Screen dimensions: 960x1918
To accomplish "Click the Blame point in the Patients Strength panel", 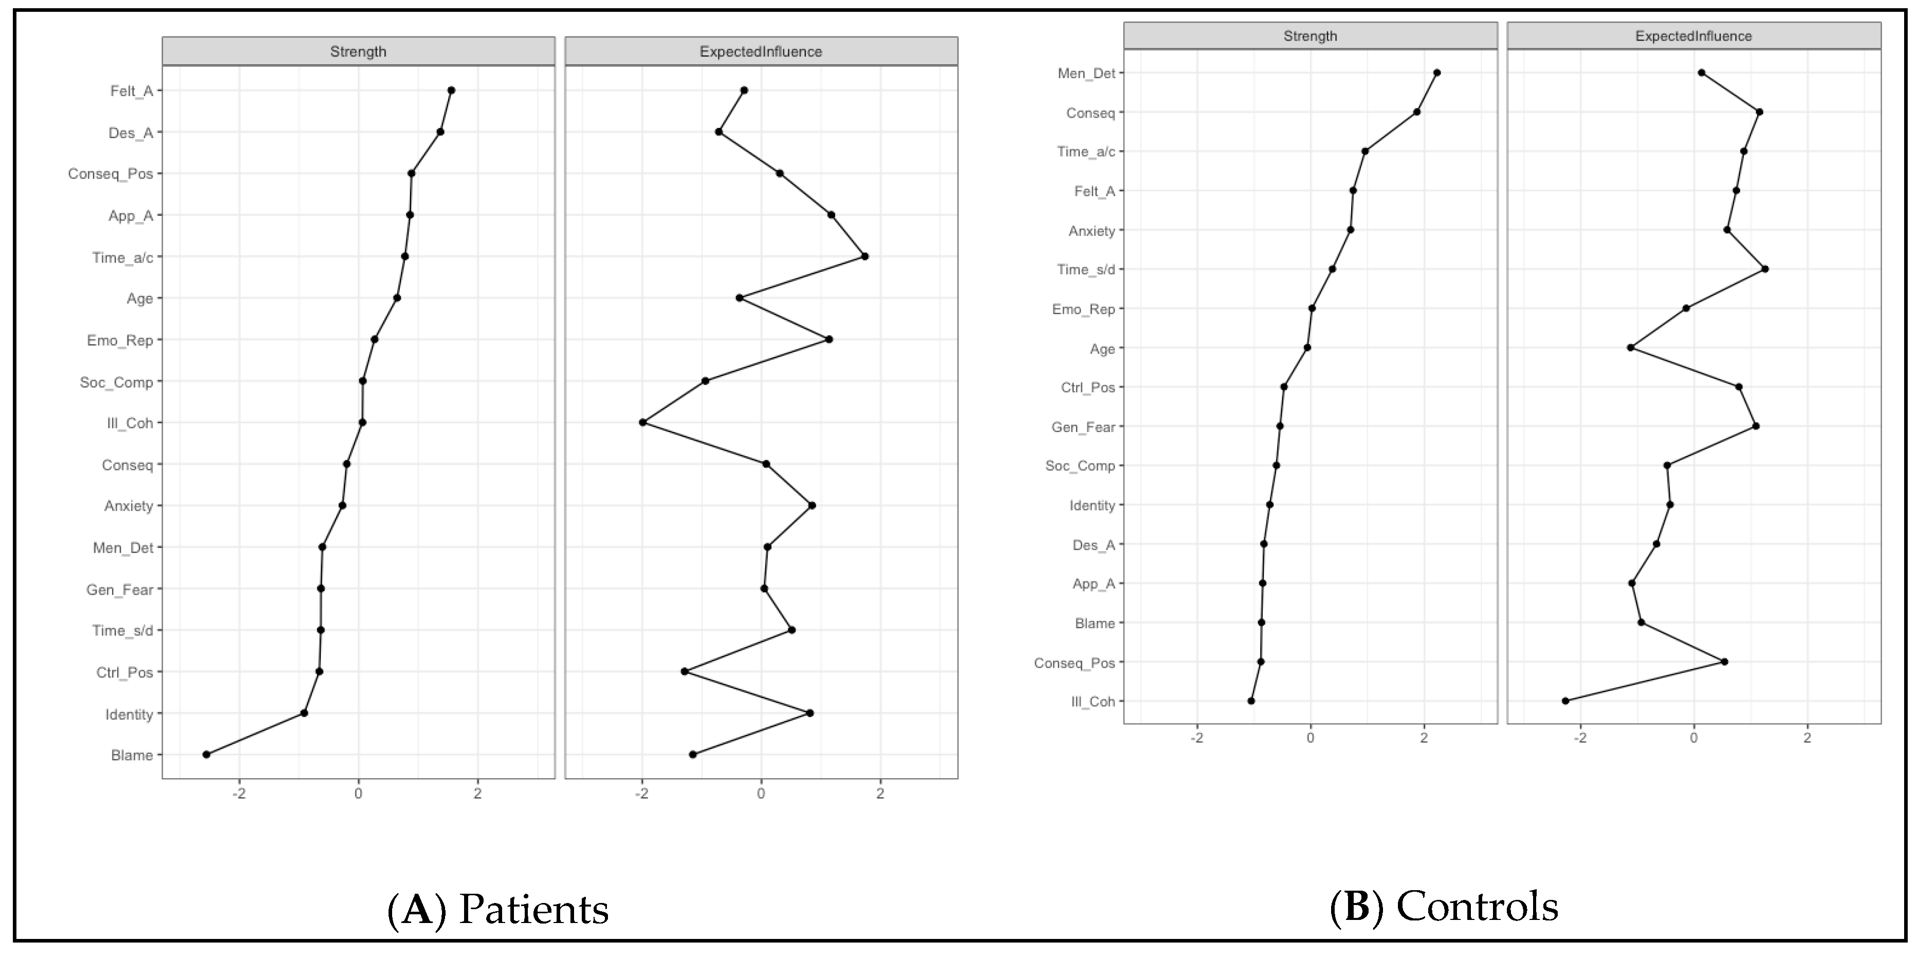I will coord(206,755).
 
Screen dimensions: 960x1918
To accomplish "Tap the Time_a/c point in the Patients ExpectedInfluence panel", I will coord(864,256).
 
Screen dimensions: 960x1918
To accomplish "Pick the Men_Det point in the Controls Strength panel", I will coord(1436,73).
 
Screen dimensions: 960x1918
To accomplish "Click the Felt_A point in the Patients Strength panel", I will coord(451,90).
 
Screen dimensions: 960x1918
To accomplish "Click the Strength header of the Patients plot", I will coord(358,51).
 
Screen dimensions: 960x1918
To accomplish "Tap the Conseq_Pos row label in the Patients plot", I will coord(110,174).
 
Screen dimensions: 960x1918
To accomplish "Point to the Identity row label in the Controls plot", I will coord(1092,506).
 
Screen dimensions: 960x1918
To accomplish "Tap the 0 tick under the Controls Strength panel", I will coord(1311,738).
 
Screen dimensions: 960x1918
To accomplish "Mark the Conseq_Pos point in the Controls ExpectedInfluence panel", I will coord(1724,662).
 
